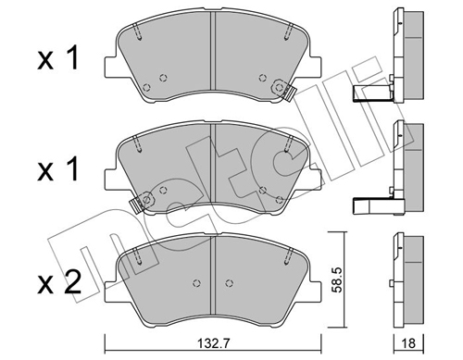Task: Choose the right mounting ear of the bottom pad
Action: (316, 274)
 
